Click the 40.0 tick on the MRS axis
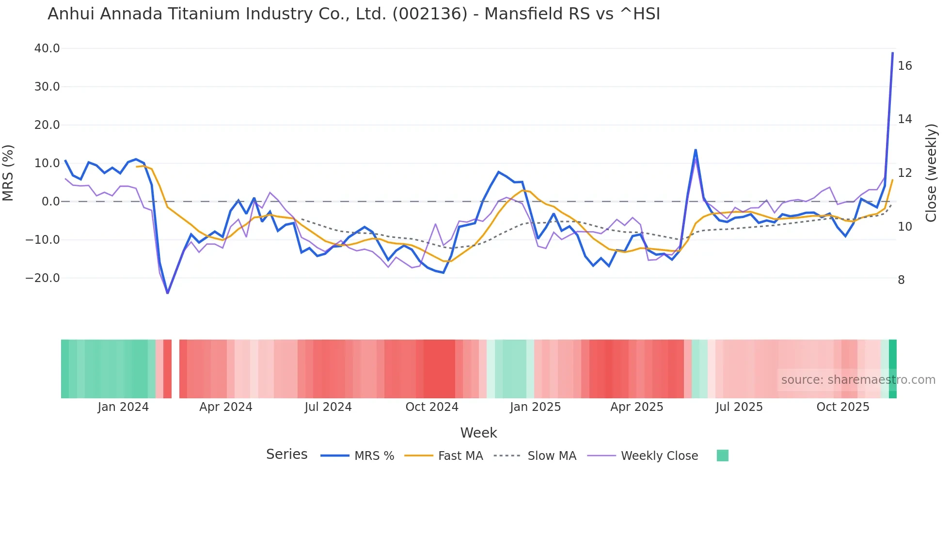click(47, 48)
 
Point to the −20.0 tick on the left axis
click(43, 278)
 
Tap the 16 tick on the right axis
click(904, 66)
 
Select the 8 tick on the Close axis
click(901, 280)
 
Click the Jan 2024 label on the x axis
click(123, 407)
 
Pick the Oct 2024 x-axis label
click(432, 407)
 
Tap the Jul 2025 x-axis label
click(739, 407)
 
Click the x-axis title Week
click(478, 433)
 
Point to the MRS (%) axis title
click(8, 173)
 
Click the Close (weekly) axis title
click(931, 173)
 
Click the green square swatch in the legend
click(722, 455)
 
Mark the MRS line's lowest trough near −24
click(168, 293)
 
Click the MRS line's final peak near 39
click(892, 53)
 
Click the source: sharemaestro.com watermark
click(858, 380)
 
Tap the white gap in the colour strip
click(175, 369)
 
